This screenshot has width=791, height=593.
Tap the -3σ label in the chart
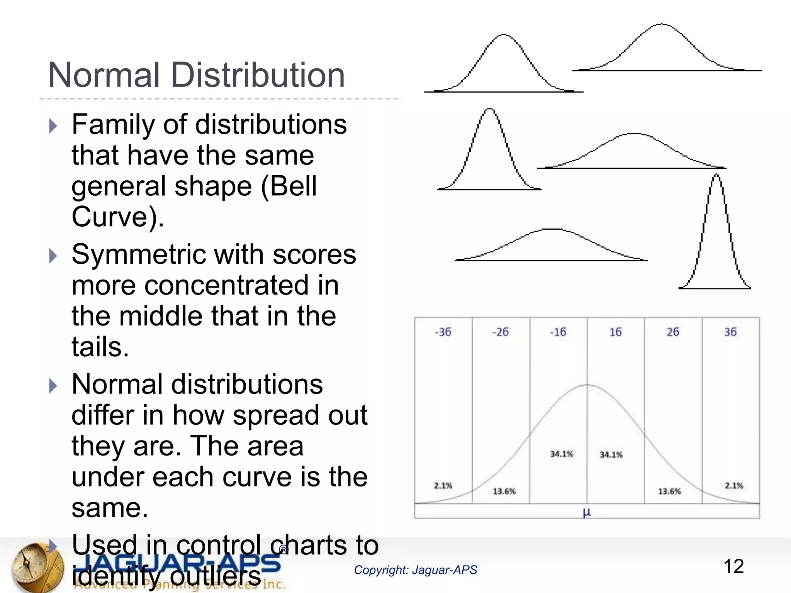pos(443,332)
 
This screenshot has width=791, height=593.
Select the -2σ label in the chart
pos(501,332)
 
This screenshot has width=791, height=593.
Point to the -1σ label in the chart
pos(558,332)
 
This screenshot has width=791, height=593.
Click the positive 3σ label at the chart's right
pos(730,332)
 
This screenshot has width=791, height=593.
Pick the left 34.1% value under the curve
pos(562,454)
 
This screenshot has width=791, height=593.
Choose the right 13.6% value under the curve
pos(669,491)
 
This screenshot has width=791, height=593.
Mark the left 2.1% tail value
pos(443,486)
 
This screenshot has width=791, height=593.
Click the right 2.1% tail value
pos(734,486)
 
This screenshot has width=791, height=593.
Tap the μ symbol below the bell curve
pos(587,513)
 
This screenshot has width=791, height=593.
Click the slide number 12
pos(733,567)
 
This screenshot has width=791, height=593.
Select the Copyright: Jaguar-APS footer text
pos(416,570)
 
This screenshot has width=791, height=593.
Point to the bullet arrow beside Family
pos(53,126)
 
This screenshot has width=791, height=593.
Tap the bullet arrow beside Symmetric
pos(53,256)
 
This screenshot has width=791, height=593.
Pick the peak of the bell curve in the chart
pos(587,385)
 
